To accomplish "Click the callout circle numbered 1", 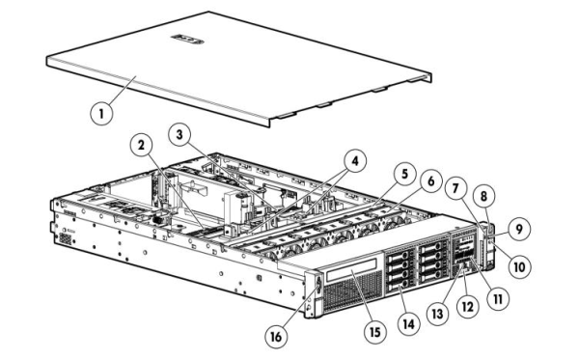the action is [x=101, y=113].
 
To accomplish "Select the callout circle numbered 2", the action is [x=141, y=146].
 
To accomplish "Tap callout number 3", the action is [x=179, y=135].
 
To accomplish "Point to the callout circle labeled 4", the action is [x=355, y=161].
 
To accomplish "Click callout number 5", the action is [x=404, y=174].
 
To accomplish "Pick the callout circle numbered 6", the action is [x=431, y=181].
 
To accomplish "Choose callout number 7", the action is [x=455, y=188].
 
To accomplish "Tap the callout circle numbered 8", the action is [x=483, y=196].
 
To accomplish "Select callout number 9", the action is [x=519, y=230].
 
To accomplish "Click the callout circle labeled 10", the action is [x=519, y=266].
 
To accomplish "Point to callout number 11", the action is [x=498, y=298].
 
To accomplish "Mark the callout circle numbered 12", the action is [x=467, y=307].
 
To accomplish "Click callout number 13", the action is [x=437, y=314].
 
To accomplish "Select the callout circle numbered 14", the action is [x=409, y=324].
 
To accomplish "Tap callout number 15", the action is [x=374, y=332].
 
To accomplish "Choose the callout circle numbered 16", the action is [x=276, y=337].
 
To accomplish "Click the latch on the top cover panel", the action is [x=187, y=39].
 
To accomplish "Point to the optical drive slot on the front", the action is [x=351, y=267].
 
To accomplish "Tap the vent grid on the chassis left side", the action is [x=65, y=239].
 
